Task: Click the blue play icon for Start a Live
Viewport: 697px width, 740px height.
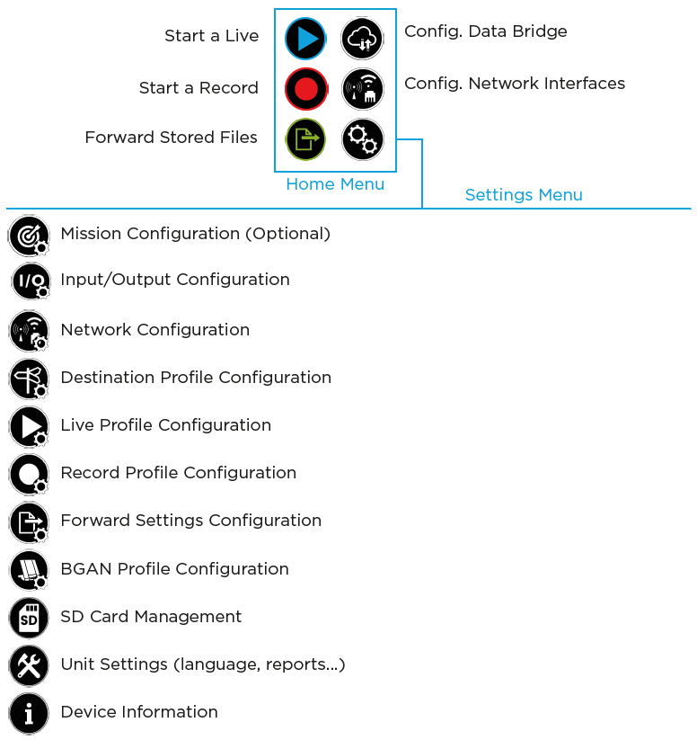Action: point(305,39)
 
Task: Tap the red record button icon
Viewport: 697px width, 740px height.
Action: point(305,89)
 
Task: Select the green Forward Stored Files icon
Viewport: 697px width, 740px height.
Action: point(305,139)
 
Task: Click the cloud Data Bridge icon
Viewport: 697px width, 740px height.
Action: point(363,39)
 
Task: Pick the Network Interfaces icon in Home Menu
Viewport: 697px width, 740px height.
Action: point(363,89)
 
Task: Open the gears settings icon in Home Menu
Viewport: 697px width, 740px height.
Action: point(363,139)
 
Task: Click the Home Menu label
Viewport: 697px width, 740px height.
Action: point(335,184)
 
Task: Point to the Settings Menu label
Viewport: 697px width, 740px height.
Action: point(524,195)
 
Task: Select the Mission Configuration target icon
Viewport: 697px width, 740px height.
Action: point(29,235)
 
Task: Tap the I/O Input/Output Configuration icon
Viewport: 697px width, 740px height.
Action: point(31,281)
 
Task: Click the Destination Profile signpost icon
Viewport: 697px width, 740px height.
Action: point(29,379)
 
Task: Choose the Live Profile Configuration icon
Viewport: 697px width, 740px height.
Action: point(29,426)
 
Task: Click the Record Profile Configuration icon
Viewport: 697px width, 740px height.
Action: point(29,474)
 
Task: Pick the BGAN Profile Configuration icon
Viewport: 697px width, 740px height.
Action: point(29,570)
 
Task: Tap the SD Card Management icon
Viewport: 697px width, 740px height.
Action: point(29,618)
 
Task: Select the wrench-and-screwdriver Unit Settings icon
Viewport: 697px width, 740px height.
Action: point(29,665)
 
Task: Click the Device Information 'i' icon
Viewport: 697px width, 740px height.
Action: point(29,713)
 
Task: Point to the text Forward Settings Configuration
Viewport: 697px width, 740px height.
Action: point(190,521)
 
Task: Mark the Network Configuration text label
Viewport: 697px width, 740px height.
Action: point(154,330)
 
